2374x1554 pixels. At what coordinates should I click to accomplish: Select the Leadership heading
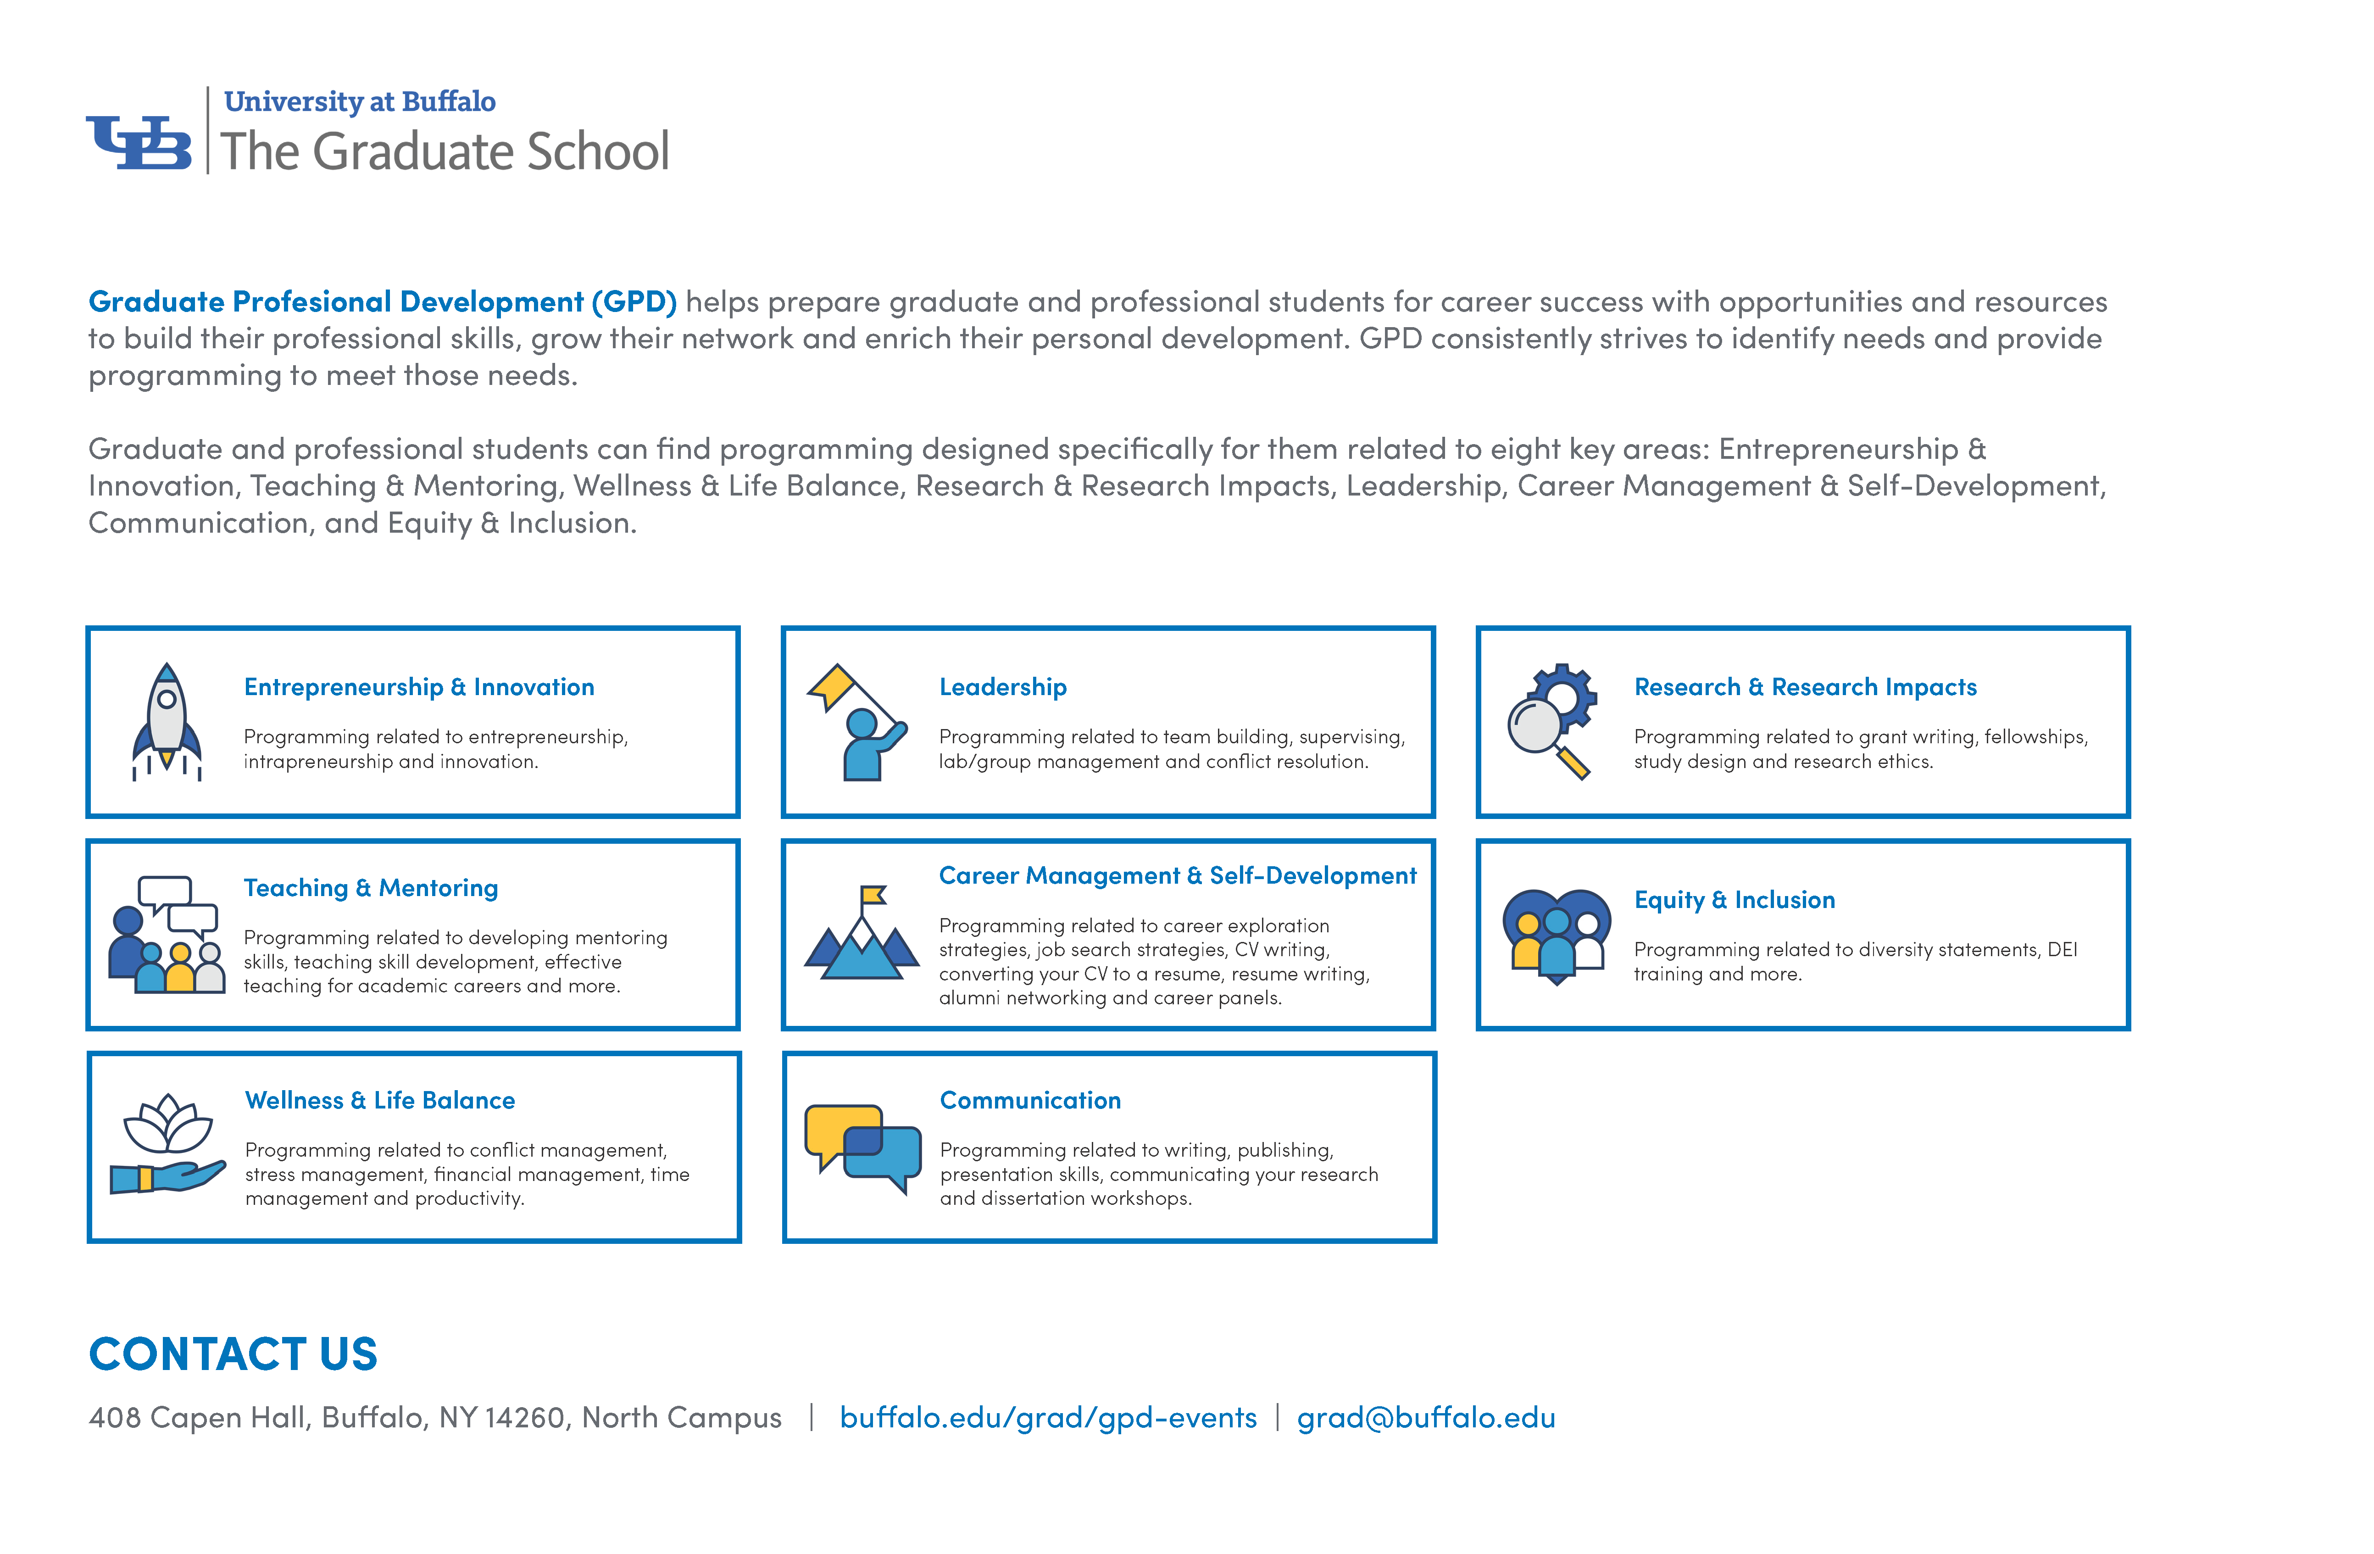pyautogui.click(x=1002, y=687)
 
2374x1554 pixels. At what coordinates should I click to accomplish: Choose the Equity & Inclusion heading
pyautogui.click(x=1734, y=900)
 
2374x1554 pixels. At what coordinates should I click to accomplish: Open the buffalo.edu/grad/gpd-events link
pyautogui.click(x=1047, y=1417)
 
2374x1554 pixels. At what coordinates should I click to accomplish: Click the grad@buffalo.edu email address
pyautogui.click(x=1425, y=1417)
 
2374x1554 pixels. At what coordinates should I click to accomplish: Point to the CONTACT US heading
pyautogui.click(x=234, y=1353)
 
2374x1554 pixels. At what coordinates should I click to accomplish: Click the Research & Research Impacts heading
pyautogui.click(x=1804, y=687)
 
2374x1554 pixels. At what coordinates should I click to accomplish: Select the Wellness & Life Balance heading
pyautogui.click(x=380, y=1100)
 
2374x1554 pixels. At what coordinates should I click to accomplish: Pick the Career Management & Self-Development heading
pyautogui.click(x=1177, y=876)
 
